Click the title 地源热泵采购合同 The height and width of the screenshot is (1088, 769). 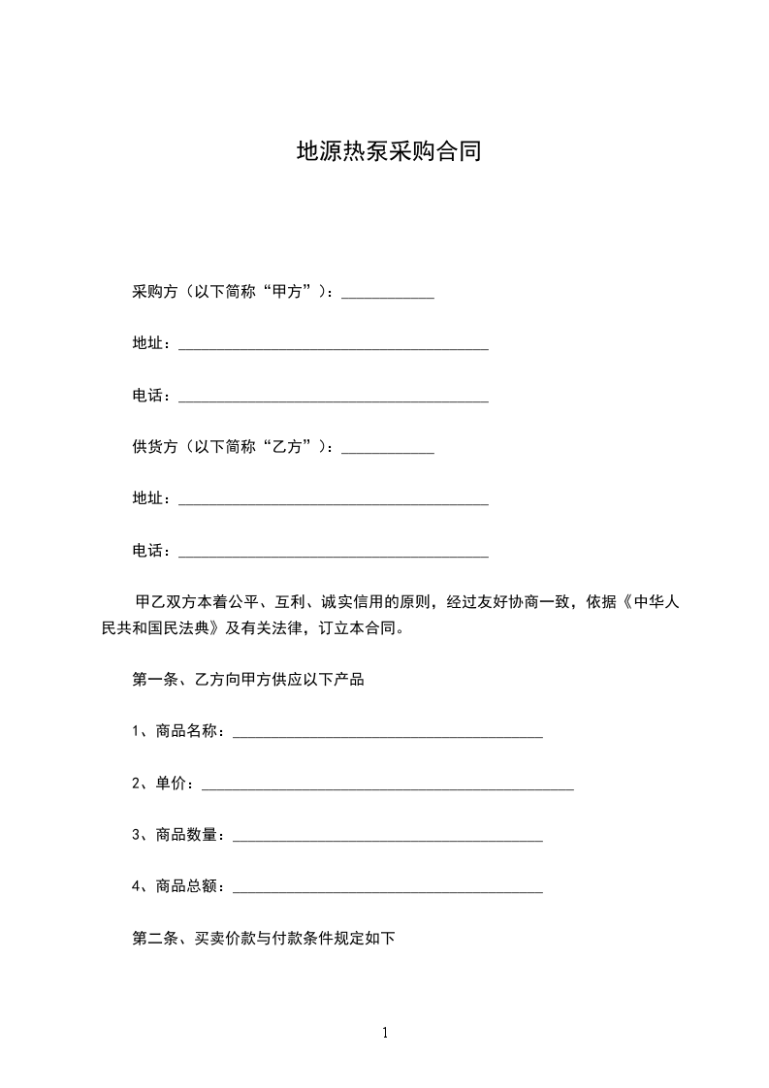(389, 152)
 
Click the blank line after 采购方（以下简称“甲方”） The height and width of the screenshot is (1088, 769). (388, 295)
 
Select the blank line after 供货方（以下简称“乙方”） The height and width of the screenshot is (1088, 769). (388, 450)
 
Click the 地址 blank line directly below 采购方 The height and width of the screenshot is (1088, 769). (334, 346)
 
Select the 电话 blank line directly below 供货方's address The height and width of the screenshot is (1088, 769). (334, 554)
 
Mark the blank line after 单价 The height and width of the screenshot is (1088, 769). (388, 786)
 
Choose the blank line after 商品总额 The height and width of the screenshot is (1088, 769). (388, 889)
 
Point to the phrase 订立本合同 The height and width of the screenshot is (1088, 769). (361, 627)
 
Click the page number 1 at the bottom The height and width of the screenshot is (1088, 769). (385, 1033)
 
